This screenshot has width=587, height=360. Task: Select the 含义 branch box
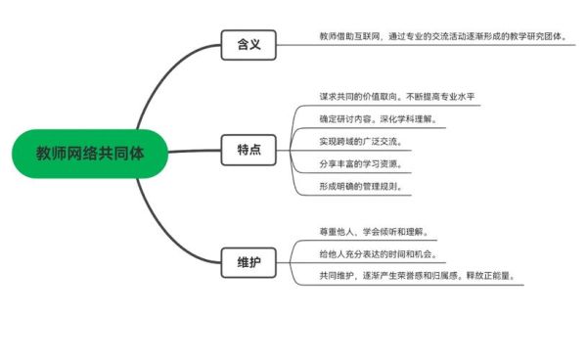tap(248, 44)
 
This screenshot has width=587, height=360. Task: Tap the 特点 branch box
tap(248, 150)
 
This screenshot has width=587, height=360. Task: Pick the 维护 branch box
tap(248, 261)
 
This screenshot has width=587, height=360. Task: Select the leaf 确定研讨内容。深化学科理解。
tap(377, 119)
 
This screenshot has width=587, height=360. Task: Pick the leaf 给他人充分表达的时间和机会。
tap(377, 254)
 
